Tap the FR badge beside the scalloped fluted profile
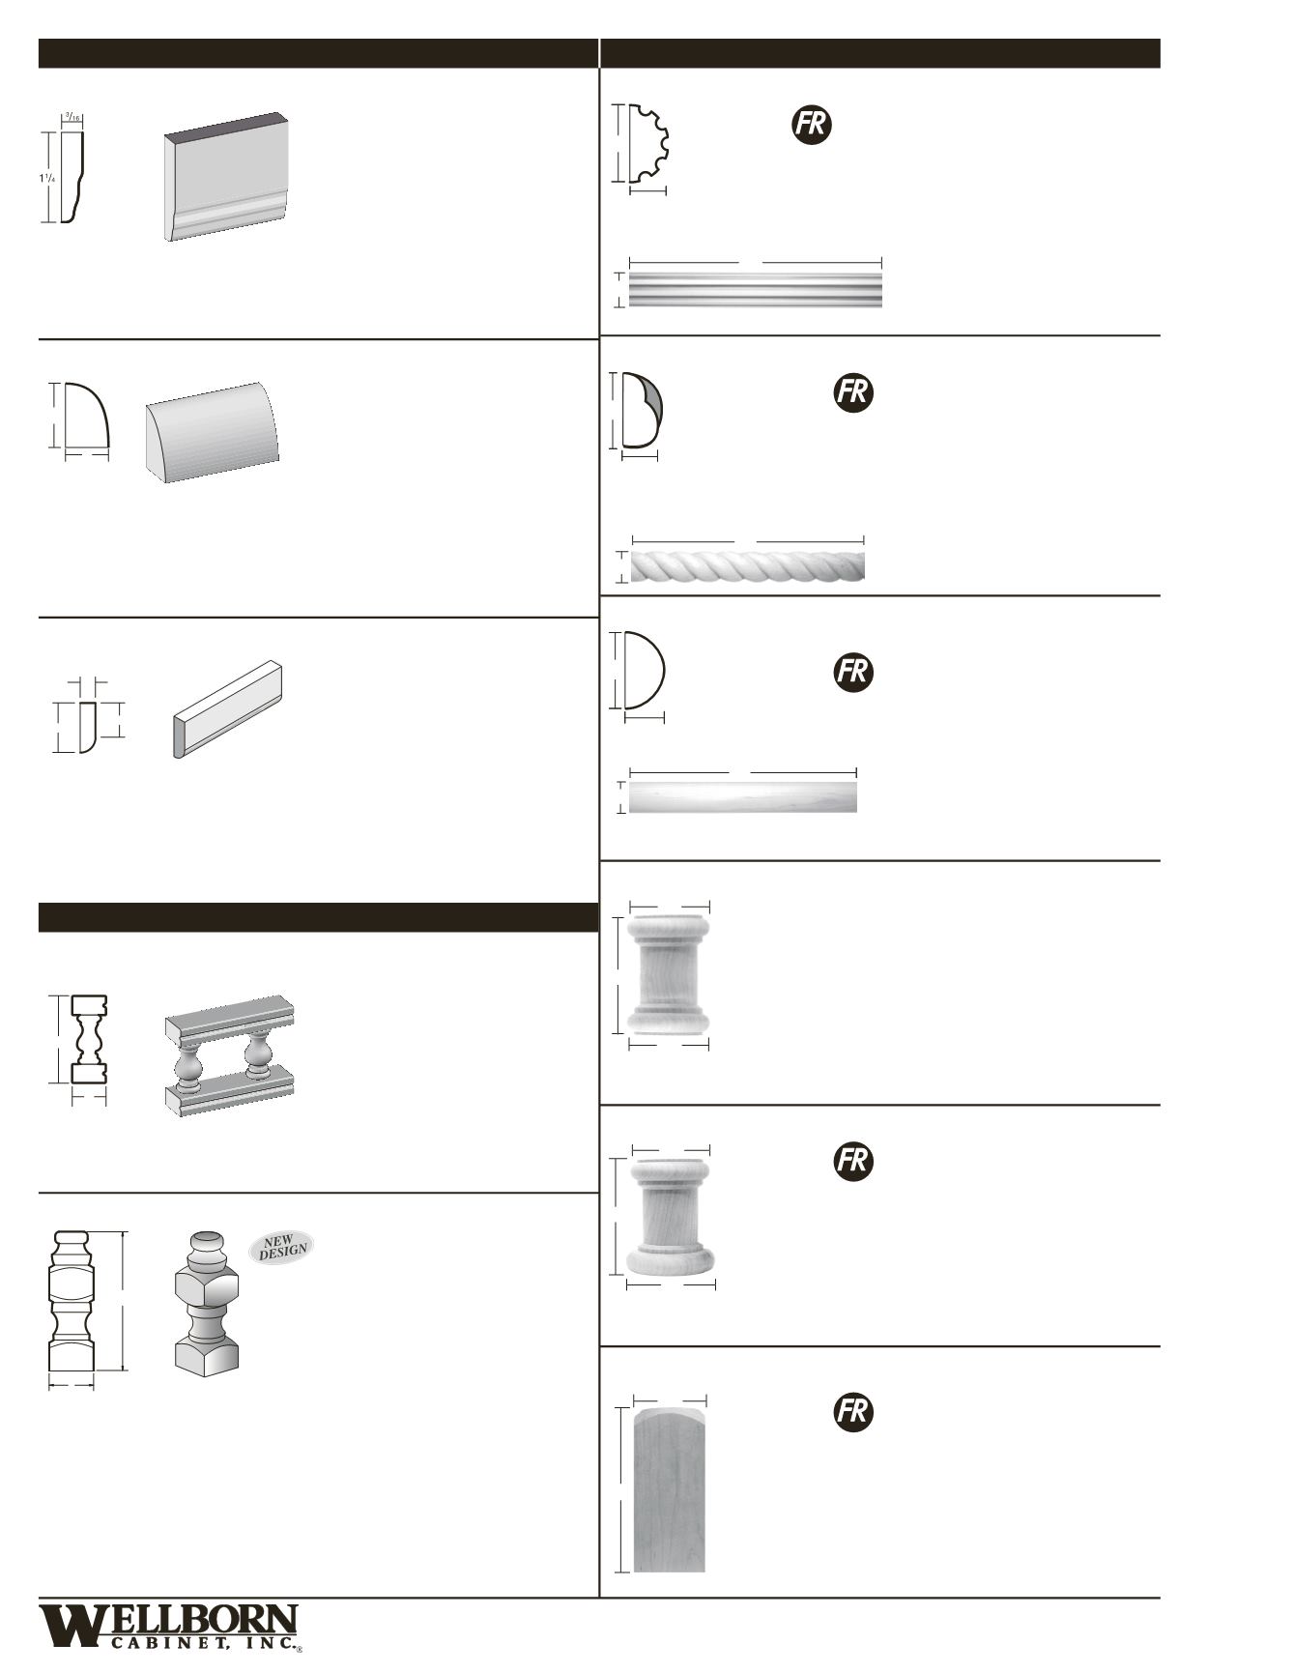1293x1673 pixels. pyautogui.click(x=812, y=126)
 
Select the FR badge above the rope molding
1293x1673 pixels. pyautogui.click(x=853, y=392)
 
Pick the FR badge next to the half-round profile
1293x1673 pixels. pyautogui.click(x=853, y=671)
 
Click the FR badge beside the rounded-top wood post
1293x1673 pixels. pyautogui.click(x=853, y=1412)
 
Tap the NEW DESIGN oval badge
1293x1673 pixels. pyautogui.click(x=282, y=1248)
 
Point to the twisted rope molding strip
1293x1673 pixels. pyautogui.click(x=747, y=565)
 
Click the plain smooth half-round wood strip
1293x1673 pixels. pyautogui.click(x=742, y=797)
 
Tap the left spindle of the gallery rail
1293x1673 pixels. pyautogui.click(x=188, y=1061)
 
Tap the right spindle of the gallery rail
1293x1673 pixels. pyautogui.click(x=257, y=1055)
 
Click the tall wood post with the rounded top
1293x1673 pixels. pyautogui.click(x=669, y=1489)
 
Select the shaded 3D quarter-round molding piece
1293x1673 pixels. pyautogui.click(x=213, y=432)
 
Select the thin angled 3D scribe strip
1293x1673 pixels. pyautogui.click(x=228, y=708)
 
